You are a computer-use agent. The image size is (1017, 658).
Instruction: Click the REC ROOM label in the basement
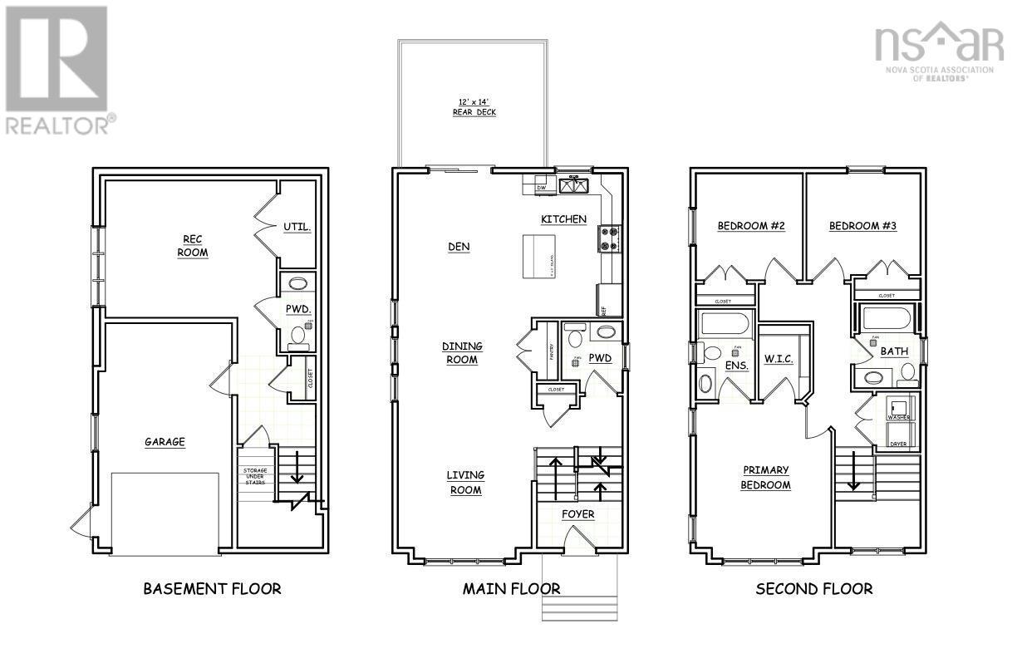(192, 246)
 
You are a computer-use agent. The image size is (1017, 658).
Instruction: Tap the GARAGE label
(165, 442)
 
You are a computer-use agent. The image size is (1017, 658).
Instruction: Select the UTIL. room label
(297, 227)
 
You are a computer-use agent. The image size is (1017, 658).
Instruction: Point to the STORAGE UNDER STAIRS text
(255, 480)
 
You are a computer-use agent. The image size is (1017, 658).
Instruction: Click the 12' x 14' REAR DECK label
(474, 106)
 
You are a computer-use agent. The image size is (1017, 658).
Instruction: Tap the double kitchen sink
(574, 185)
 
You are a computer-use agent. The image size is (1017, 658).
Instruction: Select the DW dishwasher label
(541, 189)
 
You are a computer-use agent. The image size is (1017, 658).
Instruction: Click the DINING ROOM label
(462, 353)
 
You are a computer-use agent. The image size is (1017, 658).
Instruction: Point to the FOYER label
(577, 514)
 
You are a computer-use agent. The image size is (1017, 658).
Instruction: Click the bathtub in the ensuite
(725, 324)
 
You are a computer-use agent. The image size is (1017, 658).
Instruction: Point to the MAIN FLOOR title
(511, 589)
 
